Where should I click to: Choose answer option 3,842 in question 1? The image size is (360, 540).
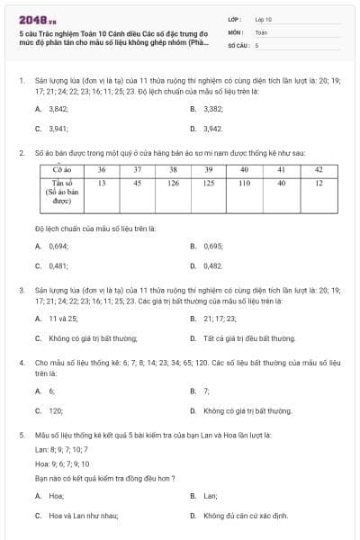pyautogui.click(x=58, y=108)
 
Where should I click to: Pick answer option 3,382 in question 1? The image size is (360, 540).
pyautogui.click(x=213, y=108)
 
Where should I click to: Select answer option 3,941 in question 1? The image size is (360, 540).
pyautogui.click(x=58, y=129)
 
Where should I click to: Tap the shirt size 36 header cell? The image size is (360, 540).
pyautogui.click(x=102, y=169)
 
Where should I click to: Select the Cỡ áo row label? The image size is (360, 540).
pyautogui.click(x=62, y=169)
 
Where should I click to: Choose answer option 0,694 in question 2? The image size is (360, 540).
pyautogui.click(x=58, y=246)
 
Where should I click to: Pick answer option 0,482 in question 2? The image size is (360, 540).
pyautogui.click(x=213, y=266)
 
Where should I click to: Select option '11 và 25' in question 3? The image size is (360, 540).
pyautogui.click(x=60, y=319)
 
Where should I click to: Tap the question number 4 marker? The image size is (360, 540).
pyautogui.click(x=21, y=362)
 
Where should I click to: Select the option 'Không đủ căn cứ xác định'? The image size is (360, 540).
pyautogui.click(x=246, y=516)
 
